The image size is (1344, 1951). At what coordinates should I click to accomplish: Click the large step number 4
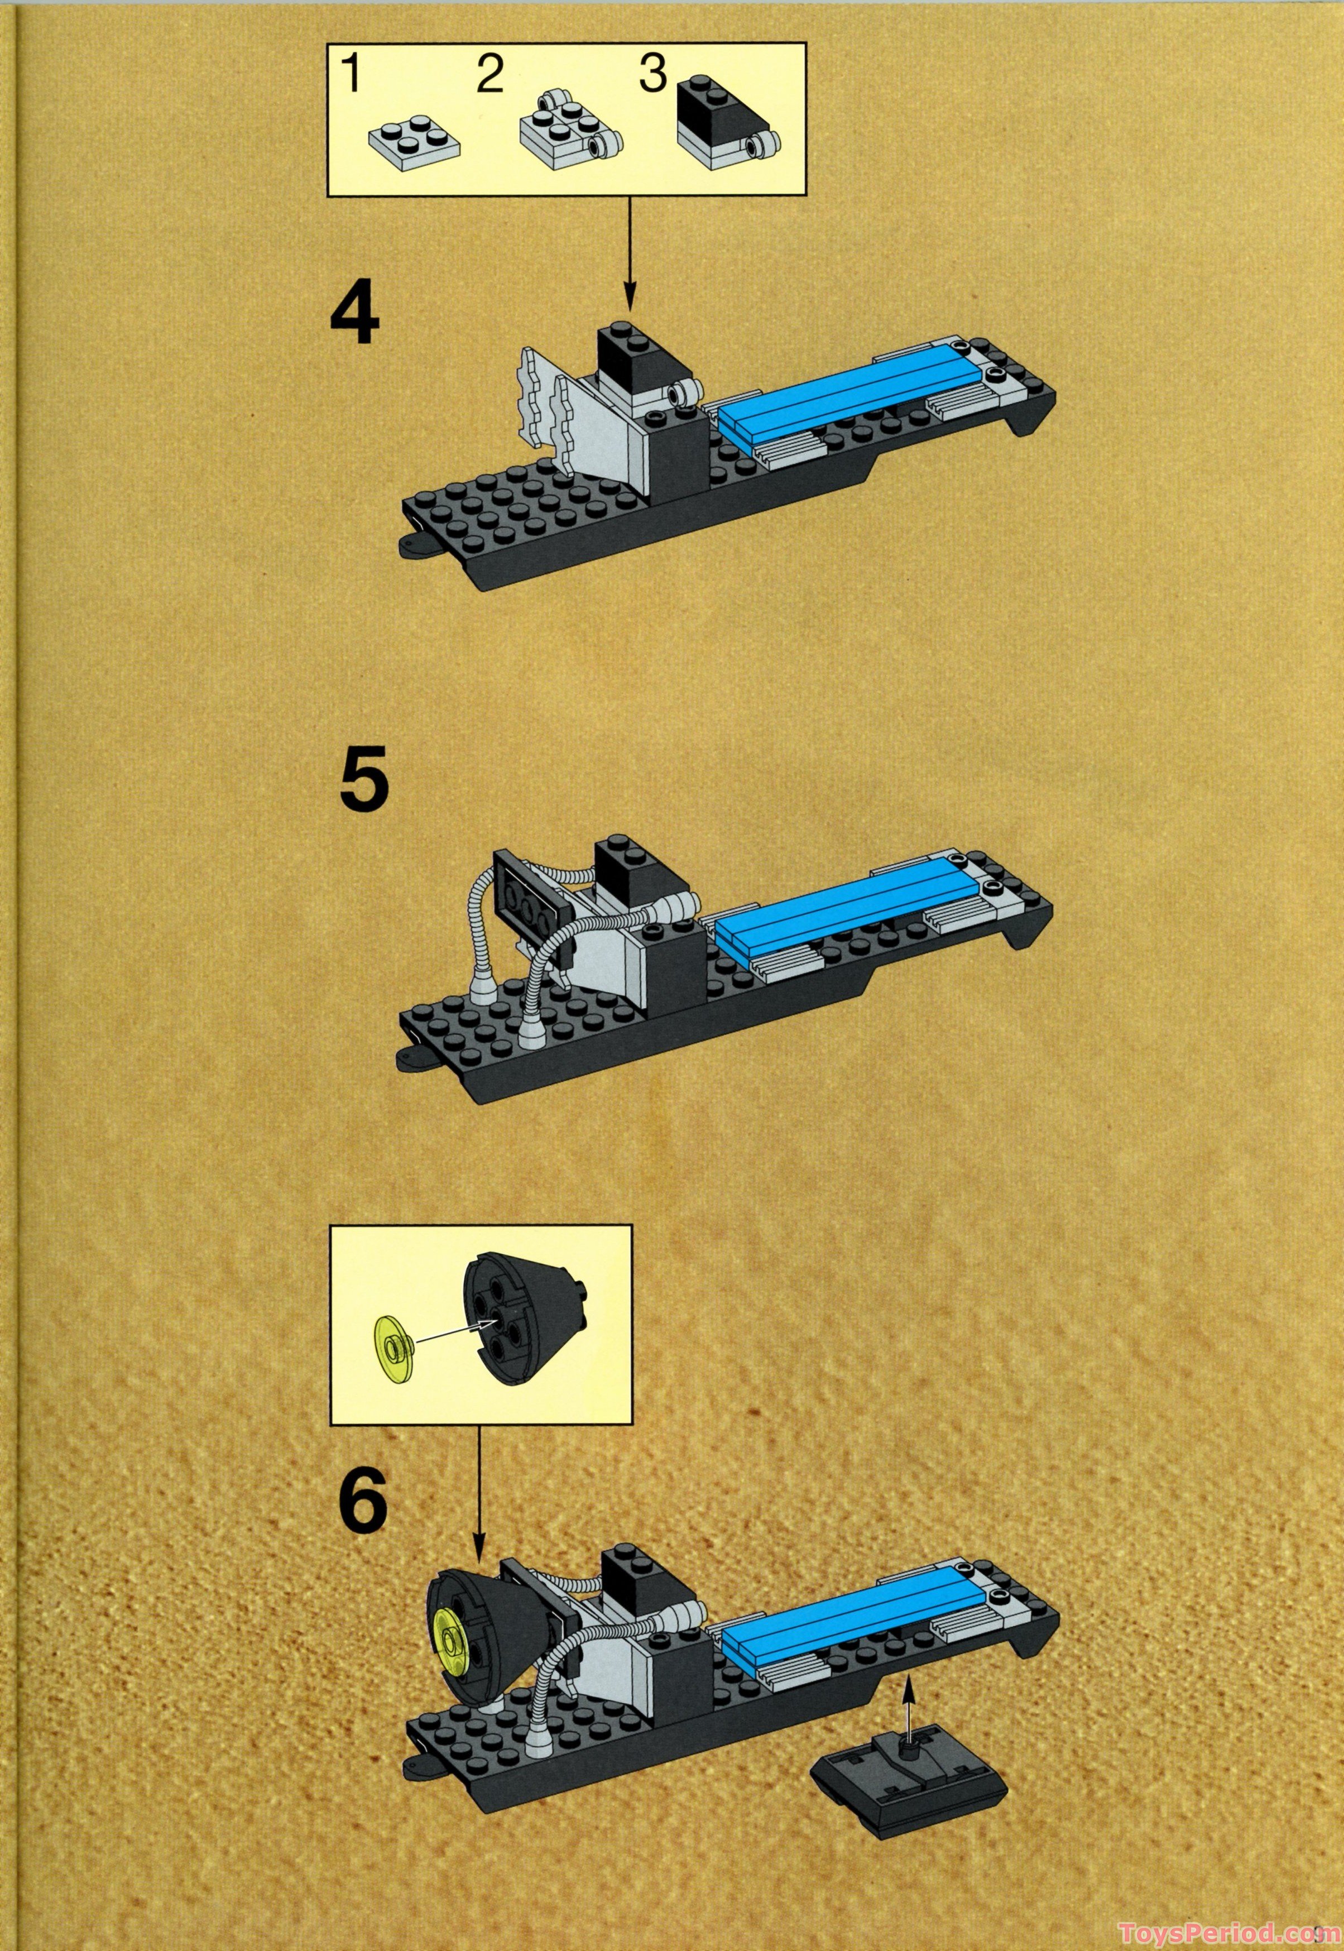pyautogui.click(x=354, y=318)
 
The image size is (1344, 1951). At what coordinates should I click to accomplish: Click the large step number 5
pyautogui.click(x=364, y=782)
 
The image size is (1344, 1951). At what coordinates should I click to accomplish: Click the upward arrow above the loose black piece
pyautogui.click(x=908, y=1694)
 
